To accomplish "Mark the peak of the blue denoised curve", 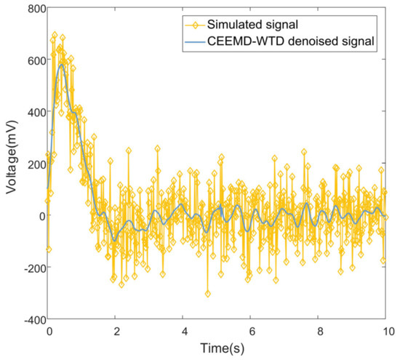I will click(x=62, y=65).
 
